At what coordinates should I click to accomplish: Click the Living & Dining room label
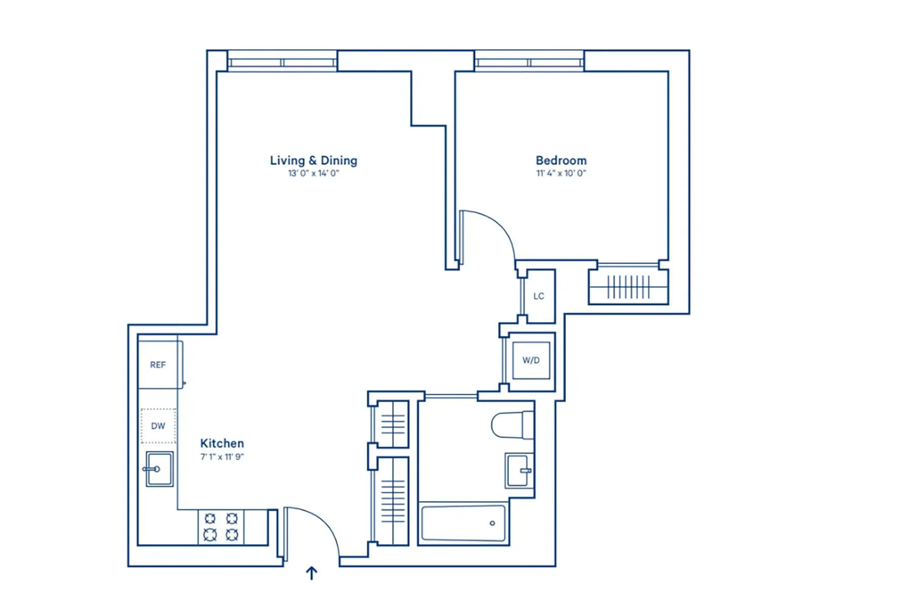pos(313,160)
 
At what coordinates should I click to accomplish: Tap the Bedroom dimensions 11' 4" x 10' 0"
pos(561,173)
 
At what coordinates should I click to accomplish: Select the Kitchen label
pos(222,443)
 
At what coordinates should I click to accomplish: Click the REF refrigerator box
pos(158,365)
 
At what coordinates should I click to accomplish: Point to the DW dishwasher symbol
pos(158,426)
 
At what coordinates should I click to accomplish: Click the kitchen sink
pos(159,469)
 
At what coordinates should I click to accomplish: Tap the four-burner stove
pos(221,527)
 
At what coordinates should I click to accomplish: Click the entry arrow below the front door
pos(311,573)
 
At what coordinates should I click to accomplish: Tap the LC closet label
pos(539,296)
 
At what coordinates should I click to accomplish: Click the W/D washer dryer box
pos(531,360)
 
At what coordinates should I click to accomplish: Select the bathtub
pos(463,523)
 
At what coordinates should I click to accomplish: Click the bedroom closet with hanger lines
pos(628,287)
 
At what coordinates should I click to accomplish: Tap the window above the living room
pos(282,62)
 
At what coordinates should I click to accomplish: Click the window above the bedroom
pos(529,62)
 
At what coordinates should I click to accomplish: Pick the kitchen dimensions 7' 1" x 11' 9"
pos(222,457)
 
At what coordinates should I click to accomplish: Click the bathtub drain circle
pos(492,523)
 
